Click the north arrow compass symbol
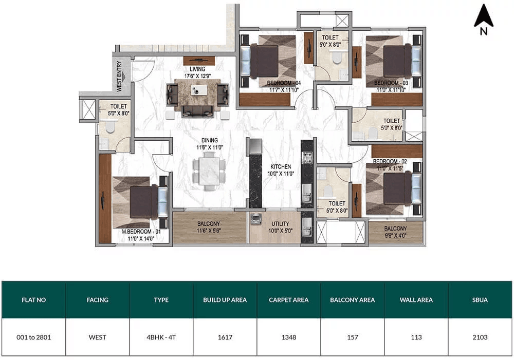484,19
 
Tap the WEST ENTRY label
119,76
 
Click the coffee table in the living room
199,90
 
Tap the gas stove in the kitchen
307,158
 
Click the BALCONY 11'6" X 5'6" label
209,227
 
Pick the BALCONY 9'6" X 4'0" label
395,232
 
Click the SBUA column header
480,300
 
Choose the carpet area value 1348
289,337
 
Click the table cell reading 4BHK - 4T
161,337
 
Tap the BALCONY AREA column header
353,300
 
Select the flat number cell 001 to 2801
34,337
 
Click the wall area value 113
416,337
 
